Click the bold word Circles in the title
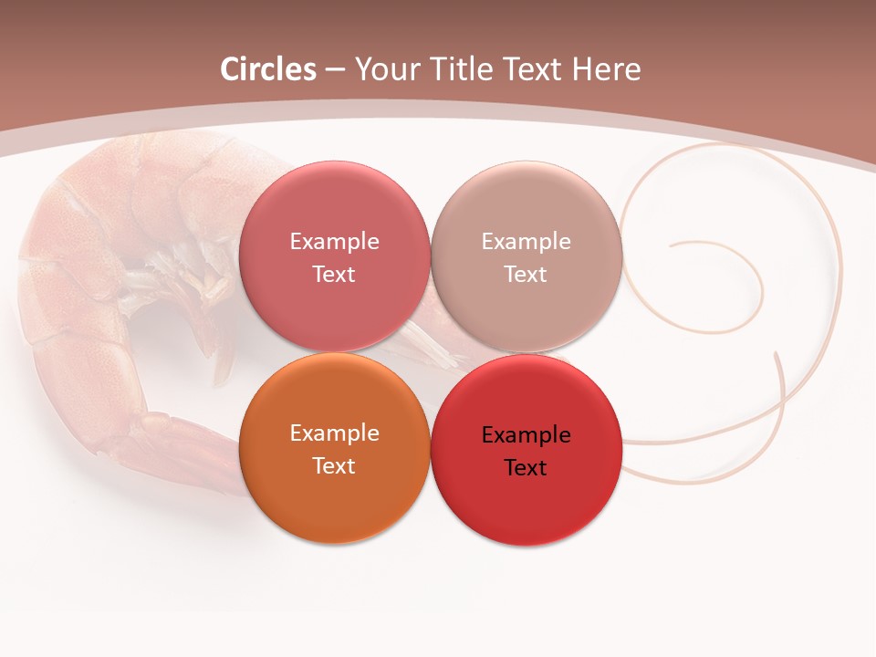click(x=268, y=69)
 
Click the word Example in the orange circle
click(x=334, y=433)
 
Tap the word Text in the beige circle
click(x=526, y=274)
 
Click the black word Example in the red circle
click(x=526, y=435)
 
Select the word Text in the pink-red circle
click(x=334, y=274)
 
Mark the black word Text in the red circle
click(x=526, y=468)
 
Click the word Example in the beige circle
click(x=526, y=242)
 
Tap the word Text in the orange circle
click(x=334, y=465)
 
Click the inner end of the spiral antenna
click(x=672, y=245)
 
